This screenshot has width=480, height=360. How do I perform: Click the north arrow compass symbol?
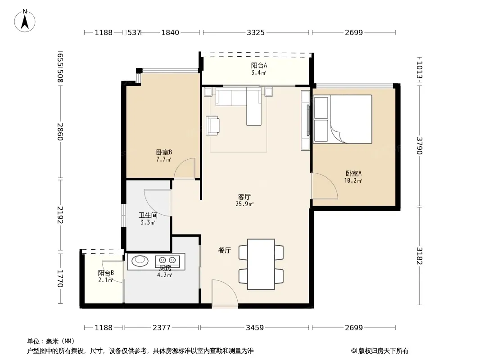tap(25, 21)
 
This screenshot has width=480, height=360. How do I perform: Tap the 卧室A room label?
tap(353, 173)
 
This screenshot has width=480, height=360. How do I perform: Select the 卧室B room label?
tap(164, 152)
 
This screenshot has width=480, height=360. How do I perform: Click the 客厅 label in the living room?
tap(245, 197)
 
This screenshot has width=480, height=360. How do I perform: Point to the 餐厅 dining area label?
tap(224, 251)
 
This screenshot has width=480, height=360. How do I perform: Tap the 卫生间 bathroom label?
tap(148, 216)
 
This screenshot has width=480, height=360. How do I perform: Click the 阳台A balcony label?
tap(259, 65)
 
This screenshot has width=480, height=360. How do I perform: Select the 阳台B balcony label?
tap(106, 273)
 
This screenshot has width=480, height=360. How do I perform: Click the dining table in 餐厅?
tap(261, 264)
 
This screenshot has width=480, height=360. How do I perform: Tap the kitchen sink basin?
tap(140, 260)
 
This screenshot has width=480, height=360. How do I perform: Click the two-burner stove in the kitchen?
tap(167, 260)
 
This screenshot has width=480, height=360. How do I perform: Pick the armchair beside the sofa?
tap(213, 126)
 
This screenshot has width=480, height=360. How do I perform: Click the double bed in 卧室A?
tap(343, 119)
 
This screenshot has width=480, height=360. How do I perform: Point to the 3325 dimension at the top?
tap(256, 32)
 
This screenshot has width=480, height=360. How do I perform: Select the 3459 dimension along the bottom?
tap(255, 328)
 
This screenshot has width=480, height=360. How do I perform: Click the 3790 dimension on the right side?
tap(419, 146)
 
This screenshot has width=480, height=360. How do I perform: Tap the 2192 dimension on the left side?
tap(60, 215)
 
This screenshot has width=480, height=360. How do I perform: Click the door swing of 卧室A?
tap(325, 186)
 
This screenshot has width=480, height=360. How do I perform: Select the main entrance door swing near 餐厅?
tap(225, 293)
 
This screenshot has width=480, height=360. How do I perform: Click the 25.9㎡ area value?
tap(245, 204)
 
